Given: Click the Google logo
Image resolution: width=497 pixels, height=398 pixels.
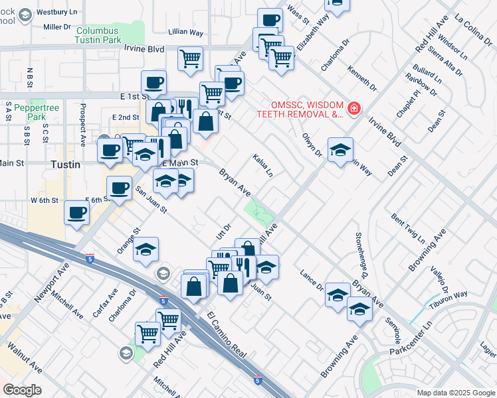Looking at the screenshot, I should [x=22, y=389].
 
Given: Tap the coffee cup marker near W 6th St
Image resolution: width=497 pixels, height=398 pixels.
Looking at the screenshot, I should [x=76, y=213].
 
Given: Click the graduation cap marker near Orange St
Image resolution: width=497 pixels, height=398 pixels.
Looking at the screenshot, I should [x=146, y=249].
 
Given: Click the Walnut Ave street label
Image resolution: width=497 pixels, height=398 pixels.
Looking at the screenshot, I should [x=25, y=358].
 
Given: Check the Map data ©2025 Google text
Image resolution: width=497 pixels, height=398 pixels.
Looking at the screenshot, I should [x=456, y=392].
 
